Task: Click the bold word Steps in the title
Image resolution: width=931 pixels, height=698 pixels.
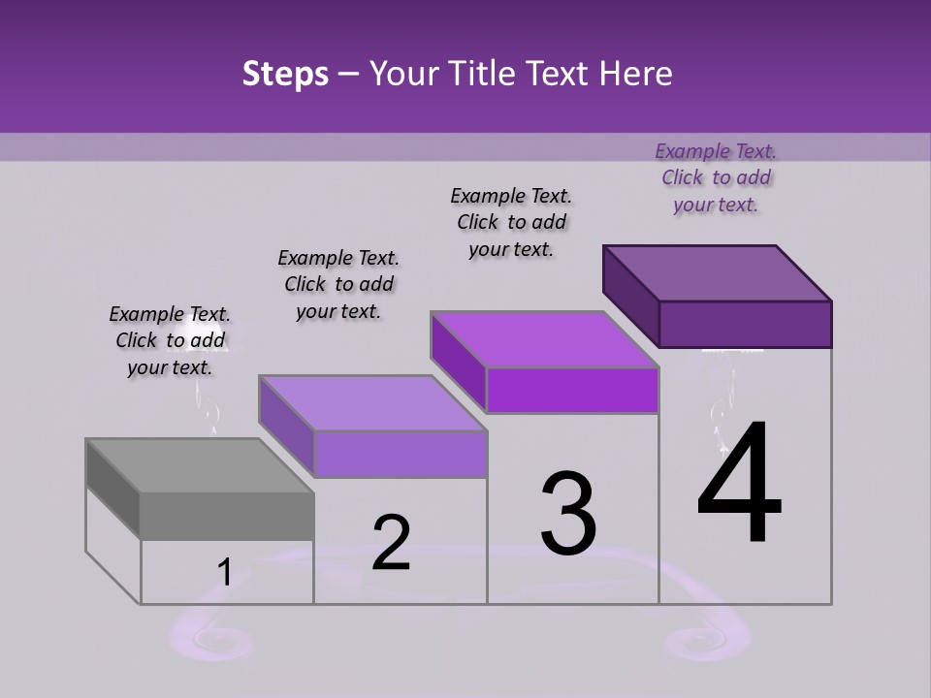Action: pyautogui.click(x=285, y=74)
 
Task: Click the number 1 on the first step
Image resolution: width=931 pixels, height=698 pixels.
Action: pyautogui.click(x=224, y=573)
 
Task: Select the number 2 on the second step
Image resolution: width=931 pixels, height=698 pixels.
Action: pyautogui.click(x=391, y=543)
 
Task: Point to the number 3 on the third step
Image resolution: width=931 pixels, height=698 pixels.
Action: pyautogui.click(x=568, y=514)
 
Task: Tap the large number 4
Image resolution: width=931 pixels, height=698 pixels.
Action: pyautogui.click(x=739, y=485)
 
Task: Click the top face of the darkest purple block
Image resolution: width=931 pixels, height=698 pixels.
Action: pyautogui.click(x=718, y=272)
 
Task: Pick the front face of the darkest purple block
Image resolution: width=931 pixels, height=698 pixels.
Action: pyautogui.click(x=745, y=324)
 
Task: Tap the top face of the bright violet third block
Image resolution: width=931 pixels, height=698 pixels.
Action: pyautogui.click(x=545, y=338)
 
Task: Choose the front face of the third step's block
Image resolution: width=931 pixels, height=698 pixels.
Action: pyautogui.click(x=572, y=390)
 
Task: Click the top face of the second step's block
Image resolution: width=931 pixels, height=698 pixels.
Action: pyautogui.click(x=372, y=402)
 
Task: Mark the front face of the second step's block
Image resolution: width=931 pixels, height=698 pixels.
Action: pyautogui.click(x=400, y=454)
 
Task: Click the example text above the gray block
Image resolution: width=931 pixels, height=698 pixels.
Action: pyautogui.click(x=170, y=340)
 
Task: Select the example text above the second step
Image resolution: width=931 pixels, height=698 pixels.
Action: pyautogui.click(x=338, y=284)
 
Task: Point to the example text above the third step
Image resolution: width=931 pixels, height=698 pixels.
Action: pyautogui.click(x=511, y=222)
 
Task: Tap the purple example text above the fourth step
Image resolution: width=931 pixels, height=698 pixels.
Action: pyautogui.click(x=716, y=177)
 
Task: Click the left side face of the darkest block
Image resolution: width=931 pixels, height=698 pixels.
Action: pyautogui.click(x=630, y=296)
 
